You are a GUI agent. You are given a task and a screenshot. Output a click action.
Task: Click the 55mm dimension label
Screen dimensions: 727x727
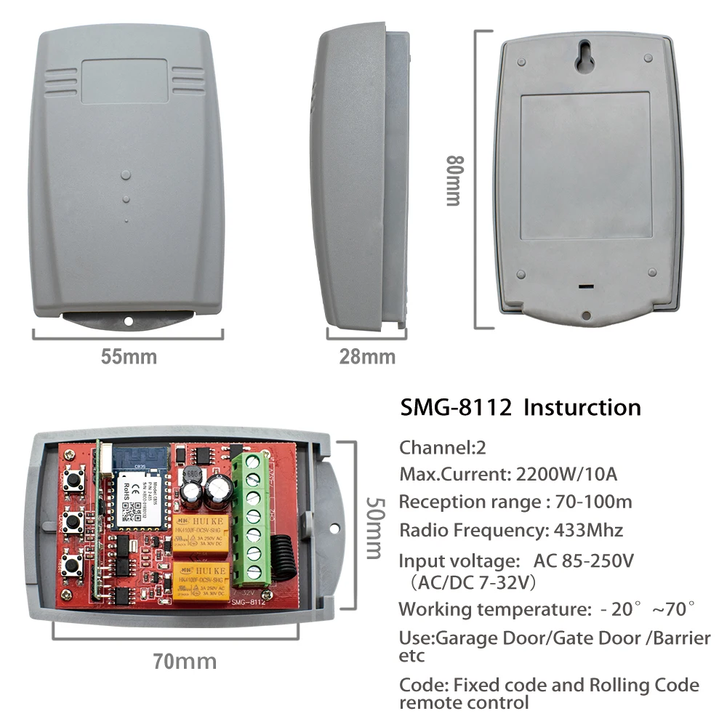click(129, 357)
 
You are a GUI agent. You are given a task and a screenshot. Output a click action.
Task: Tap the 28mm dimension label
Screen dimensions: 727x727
click(367, 357)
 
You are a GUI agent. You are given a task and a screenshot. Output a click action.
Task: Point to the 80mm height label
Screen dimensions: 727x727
click(454, 181)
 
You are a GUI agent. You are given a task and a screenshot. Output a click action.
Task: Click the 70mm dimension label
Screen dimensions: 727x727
click(185, 662)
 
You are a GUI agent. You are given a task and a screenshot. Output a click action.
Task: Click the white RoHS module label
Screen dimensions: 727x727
click(138, 494)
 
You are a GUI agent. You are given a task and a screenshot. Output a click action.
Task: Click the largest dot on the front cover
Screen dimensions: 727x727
click(126, 175)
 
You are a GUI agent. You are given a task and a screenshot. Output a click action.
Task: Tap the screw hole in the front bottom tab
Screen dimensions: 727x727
click(129, 321)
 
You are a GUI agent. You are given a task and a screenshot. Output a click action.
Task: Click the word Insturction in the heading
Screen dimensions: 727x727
click(582, 408)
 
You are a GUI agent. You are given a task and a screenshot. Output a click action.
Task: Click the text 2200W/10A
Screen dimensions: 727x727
click(566, 475)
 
